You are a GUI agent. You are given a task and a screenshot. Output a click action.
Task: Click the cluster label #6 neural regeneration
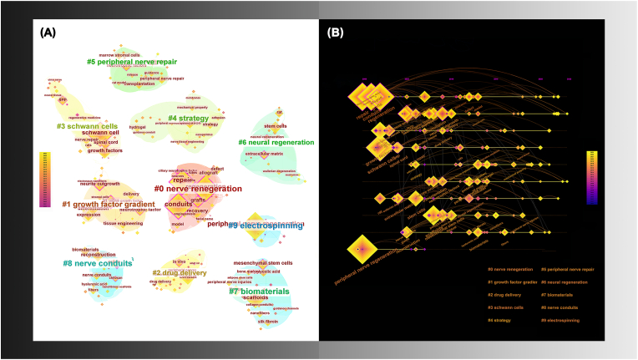pos(276,142)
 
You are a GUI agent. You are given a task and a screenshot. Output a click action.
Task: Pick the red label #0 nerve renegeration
pos(198,189)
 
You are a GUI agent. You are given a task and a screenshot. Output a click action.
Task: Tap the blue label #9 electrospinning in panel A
pos(267,225)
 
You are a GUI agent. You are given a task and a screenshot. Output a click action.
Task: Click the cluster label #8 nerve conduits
pos(97,263)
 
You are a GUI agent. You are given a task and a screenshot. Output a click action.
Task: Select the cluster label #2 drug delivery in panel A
pos(179,272)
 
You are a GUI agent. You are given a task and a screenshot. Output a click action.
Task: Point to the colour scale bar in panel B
pos(591,177)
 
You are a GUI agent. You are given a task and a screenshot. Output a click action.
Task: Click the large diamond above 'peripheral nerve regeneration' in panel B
pos(359,249)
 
